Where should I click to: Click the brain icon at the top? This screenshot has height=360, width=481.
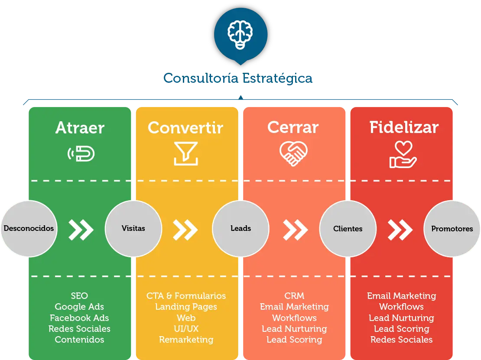(240, 35)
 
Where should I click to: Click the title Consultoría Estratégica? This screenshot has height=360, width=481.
(238, 78)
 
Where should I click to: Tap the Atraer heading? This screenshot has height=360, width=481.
(80, 127)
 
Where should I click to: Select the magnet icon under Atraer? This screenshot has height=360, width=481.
(81, 153)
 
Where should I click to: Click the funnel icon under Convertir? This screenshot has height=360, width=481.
(185, 154)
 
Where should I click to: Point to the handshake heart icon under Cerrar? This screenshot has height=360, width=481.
(293, 154)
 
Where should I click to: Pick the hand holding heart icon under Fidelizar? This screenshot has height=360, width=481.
(403, 155)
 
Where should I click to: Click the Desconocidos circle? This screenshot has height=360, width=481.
(29, 228)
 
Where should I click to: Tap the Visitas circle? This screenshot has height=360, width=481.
(133, 228)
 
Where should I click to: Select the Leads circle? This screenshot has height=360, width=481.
(240, 228)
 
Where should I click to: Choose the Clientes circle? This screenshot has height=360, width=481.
(348, 228)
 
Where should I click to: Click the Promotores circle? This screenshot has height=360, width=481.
(452, 228)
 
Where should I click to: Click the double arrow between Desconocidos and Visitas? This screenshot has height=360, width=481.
(81, 230)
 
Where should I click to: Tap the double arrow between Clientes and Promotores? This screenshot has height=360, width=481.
(400, 230)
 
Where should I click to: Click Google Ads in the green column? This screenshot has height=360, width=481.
(79, 307)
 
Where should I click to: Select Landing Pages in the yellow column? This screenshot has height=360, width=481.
(186, 307)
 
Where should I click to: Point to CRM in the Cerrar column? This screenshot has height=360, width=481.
(294, 295)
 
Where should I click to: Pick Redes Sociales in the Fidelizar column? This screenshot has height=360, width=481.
(402, 340)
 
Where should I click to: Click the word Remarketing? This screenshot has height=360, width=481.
(186, 340)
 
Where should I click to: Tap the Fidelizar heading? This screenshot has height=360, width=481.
(404, 127)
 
